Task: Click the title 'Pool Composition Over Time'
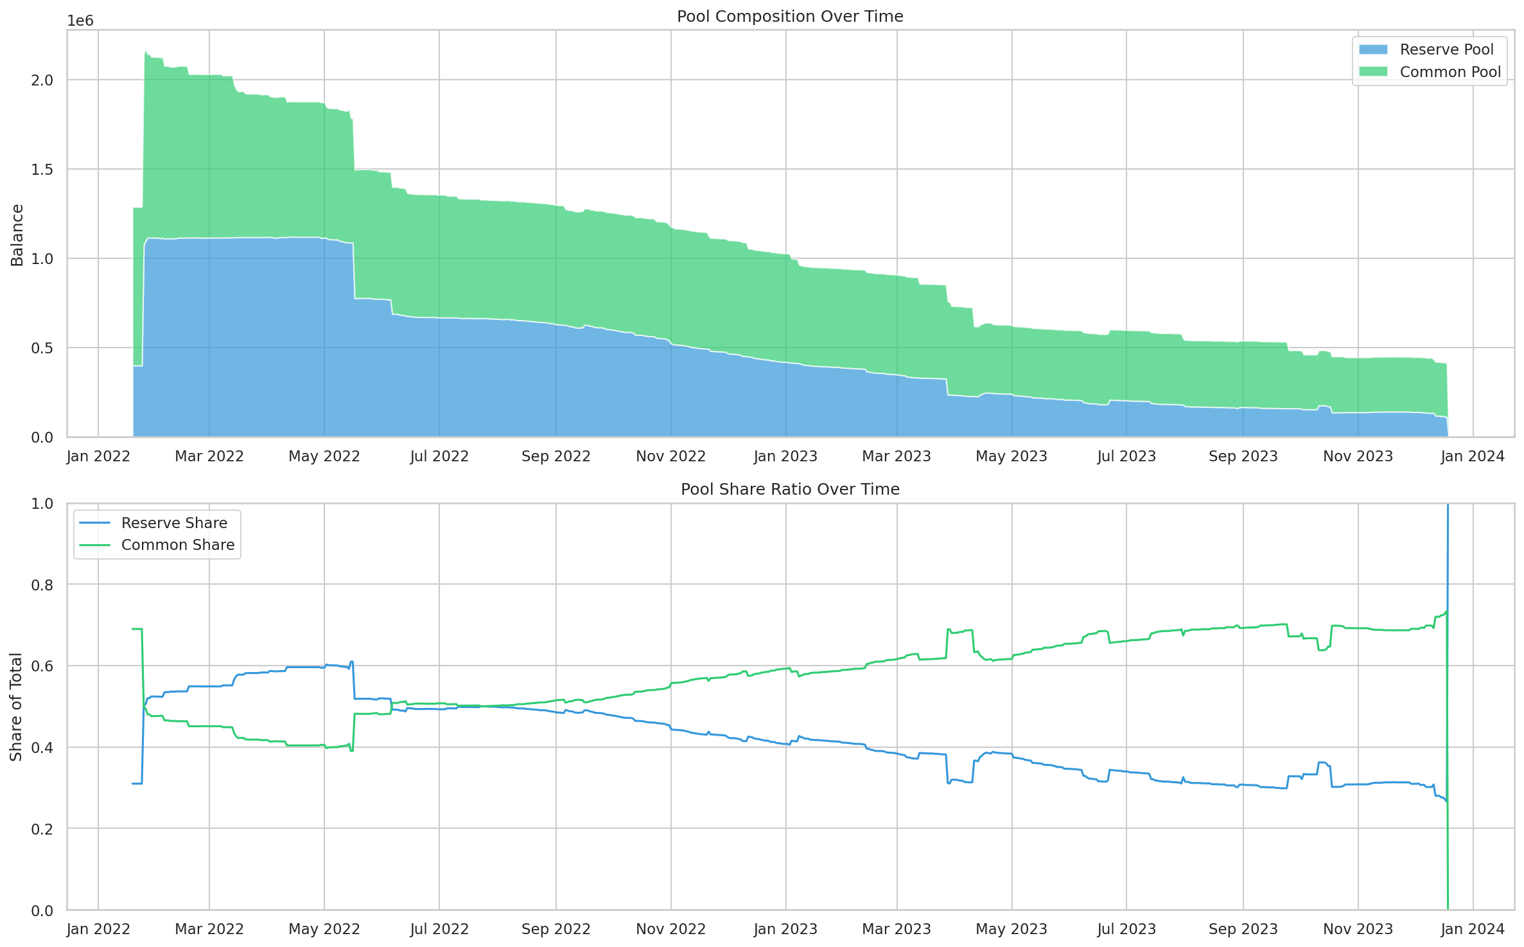coord(789,16)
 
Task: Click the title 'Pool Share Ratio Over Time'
coord(789,489)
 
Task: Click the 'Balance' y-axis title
coord(17,235)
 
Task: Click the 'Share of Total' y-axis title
coord(16,707)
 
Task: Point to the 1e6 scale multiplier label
coord(80,21)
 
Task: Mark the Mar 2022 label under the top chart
coord(209,456)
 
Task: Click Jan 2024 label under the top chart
coord(1472,456)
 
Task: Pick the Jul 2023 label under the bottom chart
coord(1126,929)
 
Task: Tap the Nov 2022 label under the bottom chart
coord(670,929)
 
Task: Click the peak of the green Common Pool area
coord(146,52)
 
